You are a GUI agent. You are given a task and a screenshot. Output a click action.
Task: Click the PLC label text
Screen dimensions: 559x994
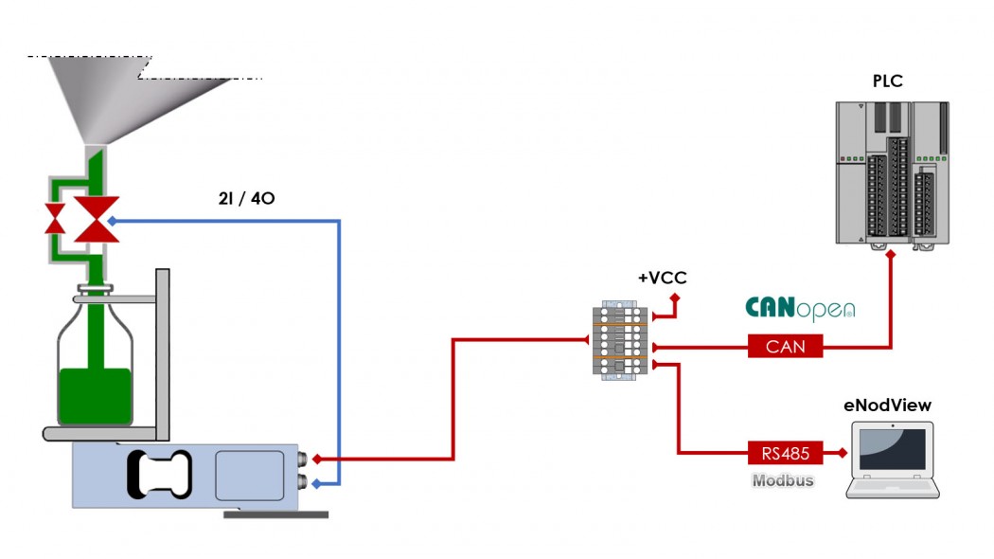click(887, 81)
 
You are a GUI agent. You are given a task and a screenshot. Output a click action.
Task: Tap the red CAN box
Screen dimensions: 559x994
click(785, 347)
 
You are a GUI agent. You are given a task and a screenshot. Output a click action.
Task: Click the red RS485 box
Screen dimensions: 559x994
click(785, 454)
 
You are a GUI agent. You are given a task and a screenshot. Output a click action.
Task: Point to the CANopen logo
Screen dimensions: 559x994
click(800, 309)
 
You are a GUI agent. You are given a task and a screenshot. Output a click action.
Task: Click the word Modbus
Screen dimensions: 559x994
click(783, 480)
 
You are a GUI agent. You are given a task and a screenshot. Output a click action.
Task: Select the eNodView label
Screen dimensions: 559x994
click(887, 406)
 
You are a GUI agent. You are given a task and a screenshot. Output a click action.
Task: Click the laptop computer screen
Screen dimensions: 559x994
click(893, 451)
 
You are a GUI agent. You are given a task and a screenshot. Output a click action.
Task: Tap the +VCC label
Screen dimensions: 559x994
click(662, 278)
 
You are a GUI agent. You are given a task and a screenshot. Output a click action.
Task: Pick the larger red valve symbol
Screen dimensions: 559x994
click(97, 219)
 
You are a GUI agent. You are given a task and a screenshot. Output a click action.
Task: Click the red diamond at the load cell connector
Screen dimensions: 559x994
click(317, 460)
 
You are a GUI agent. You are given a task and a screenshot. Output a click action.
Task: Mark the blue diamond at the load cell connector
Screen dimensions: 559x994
click(317, 484)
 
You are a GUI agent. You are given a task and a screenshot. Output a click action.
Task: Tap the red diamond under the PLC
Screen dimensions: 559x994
click(891, 255)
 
